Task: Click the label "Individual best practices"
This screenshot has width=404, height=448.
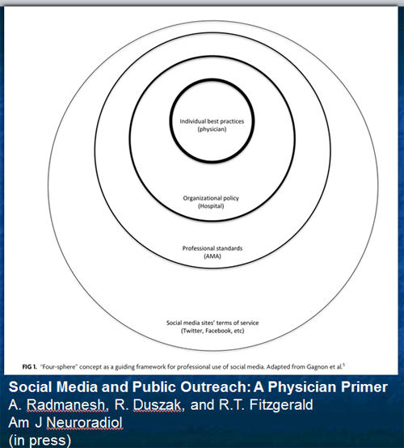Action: (212, 121)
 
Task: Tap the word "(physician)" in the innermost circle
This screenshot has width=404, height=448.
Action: (213, 129)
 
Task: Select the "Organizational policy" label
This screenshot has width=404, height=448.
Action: (211, 198)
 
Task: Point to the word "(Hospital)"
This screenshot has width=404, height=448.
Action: (211, 206)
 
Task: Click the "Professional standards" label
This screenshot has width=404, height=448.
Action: (213, 248)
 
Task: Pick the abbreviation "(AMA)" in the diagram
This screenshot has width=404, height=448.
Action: (213, 256)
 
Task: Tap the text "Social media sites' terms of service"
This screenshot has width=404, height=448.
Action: (213, 323)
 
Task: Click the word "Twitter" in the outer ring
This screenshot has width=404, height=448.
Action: (193, 331)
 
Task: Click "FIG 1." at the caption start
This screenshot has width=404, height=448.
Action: (29, 367)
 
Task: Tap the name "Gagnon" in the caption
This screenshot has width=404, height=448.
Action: (317, 367)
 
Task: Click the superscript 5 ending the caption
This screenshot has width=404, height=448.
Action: (343, 365)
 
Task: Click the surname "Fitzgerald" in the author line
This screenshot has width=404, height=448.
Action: (281, 405)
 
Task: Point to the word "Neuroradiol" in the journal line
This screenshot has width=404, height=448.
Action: (84, 423)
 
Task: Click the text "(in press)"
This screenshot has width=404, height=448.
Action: (40, 441)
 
